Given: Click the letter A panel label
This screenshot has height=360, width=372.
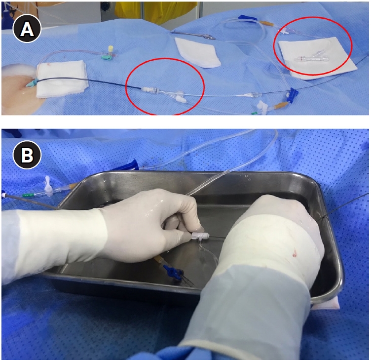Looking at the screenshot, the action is [x=27, y=29].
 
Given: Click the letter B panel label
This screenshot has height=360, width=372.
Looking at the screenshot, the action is [x=27, y=155].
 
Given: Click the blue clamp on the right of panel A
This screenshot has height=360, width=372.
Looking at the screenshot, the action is [x=292, y=94].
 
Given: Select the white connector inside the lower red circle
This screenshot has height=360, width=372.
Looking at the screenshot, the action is [x=166, y=94].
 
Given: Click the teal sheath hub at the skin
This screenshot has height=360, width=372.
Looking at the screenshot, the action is [x=31, y=83].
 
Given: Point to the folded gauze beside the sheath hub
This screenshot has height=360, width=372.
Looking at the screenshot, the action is [x=62, y=79].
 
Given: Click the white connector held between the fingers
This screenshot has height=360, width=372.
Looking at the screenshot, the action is [x=200, y=236].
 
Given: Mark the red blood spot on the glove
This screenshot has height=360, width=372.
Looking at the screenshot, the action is [x=295, y=253].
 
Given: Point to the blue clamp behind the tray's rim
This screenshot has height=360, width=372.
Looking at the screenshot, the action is [x=132, y=164].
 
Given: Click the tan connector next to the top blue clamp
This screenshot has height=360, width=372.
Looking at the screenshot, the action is [x=267, y=24].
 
